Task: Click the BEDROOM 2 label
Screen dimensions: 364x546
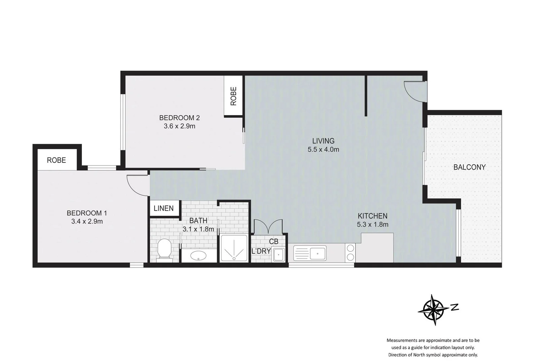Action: pyautogui.click(x=179, y=118)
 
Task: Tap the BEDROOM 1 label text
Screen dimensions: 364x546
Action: pyautogui.click(x=87, y=213)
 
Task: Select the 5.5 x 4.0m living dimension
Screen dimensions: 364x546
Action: pyautogui.click(x=323, y=150)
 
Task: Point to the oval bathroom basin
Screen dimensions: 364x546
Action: pyautogui.click(x=199, y=256)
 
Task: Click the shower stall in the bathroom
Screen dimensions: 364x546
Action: pyautogui.click(x=234, y=249)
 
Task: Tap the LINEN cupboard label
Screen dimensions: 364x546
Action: pyautogui.click(x=163, y=208)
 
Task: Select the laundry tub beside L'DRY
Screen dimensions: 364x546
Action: pyautogui.click(x=279, y=254)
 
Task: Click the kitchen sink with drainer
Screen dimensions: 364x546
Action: pyautogui.click(x=310, y=253)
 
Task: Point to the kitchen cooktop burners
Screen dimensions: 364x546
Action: pyautogui.click(x=350, y=253)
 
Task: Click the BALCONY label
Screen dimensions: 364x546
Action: pyautogui.click(x=469, y=167)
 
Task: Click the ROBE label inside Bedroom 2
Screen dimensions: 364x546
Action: pyautogui.click(x=234, y=96)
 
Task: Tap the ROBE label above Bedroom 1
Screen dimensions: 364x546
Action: pyautogui.click(x=56, y=160)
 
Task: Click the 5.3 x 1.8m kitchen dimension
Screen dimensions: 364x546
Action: pyautogui.click(x=372, y=224)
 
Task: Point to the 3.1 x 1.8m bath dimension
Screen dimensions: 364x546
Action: pyautogui.click(x=198, y=229)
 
